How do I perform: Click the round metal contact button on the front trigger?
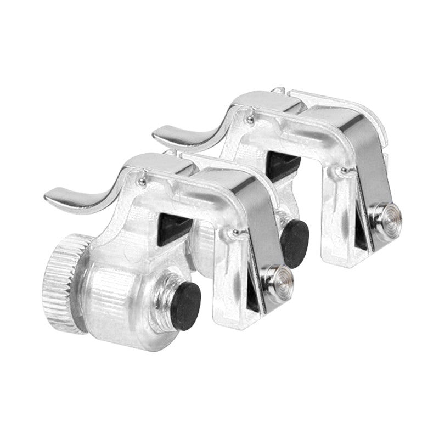tap(280, 280)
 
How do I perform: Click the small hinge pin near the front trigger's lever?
tap(141, 182)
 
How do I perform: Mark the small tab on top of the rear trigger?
tap(280, 90)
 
